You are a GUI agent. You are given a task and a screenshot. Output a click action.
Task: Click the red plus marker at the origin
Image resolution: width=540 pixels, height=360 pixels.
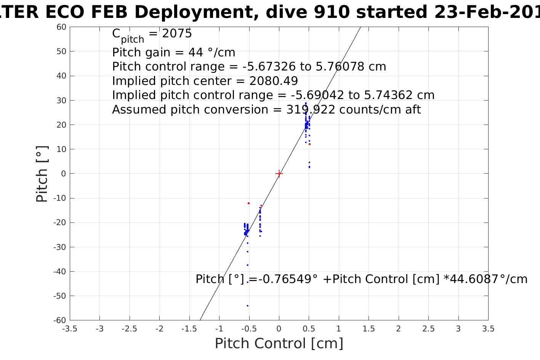(x=279, y=174)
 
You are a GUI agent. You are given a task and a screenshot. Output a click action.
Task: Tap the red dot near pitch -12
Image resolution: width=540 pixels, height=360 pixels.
(x=248, y=203)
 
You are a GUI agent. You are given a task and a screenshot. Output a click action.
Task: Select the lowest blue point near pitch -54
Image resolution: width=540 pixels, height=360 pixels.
(x=247, y=306)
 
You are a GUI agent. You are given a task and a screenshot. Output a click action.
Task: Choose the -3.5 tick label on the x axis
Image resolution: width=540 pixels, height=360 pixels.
(x=69, y=329)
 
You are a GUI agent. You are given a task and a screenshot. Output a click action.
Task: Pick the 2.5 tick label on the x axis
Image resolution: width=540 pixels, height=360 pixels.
(x=428, y=329)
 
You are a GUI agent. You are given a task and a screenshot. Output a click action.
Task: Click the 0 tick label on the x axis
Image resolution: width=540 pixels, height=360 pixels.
(x=279, y=329)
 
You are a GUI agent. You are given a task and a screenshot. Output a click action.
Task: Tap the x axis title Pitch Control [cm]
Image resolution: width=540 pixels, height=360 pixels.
(x=279, y=344)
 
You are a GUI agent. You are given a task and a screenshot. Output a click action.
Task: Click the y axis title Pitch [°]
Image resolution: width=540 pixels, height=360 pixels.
(x=42, y=174)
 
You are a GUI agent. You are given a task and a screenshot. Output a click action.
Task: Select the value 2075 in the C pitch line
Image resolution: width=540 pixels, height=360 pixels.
(x=177, y=34)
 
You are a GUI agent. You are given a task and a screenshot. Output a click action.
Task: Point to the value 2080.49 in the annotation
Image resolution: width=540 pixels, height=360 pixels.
(x=274, y=81)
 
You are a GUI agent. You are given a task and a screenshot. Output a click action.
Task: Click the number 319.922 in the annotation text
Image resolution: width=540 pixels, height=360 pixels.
(x=311, y=110)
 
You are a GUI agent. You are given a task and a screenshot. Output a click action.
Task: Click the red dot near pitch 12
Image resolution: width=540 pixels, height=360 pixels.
(x=309, y=144)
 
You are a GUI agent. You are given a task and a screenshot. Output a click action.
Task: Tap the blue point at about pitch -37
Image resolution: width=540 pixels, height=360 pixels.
(x=247, y=265)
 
